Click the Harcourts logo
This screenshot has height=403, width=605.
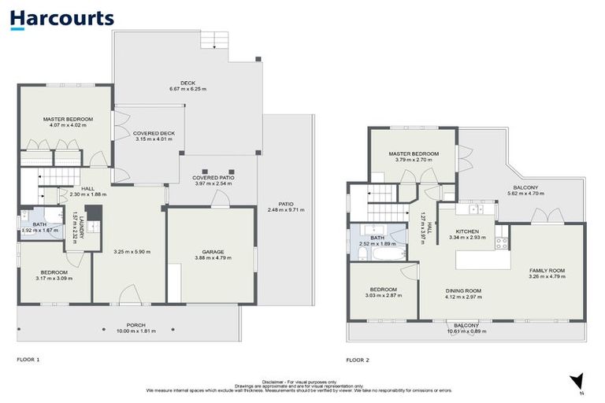[63, 20]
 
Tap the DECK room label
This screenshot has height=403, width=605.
[187, 83]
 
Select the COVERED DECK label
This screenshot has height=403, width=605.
[154, 133]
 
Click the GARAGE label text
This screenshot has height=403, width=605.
[209, 252]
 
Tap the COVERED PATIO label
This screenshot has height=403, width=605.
[213, 178]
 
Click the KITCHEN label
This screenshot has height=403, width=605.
[467, 231]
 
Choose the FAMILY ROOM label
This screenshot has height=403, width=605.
[546, 271]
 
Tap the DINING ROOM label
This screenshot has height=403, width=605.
[462, 290]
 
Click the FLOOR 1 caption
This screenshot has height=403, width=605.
[28, 360]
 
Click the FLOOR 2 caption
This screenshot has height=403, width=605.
[357, 360]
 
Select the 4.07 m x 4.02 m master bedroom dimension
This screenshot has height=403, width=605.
[65, 125]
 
